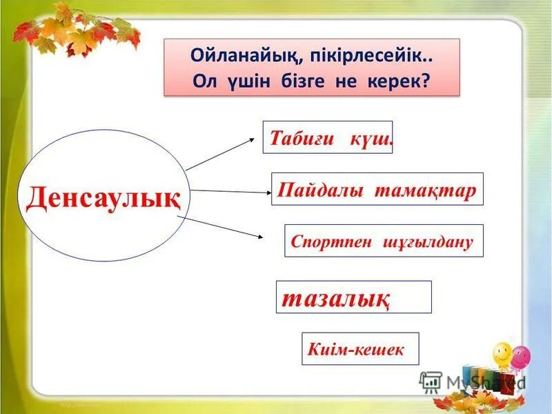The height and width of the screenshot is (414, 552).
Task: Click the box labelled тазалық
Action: pyautogui.click(x=353, y=297)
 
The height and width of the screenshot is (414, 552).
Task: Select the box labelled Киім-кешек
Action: pyautogui.click(x=359, y=349)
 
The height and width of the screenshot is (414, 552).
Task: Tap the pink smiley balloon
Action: pyautogui.click(x=521, y=355)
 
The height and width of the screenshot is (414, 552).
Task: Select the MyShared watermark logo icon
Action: pyautogui.click(x=431, y=380)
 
